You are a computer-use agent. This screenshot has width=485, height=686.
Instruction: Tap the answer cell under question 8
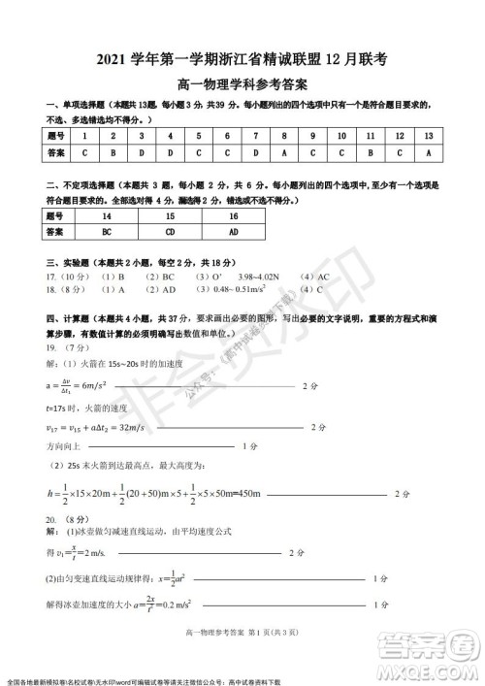[284, 152]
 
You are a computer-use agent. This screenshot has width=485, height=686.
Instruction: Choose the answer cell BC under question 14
[107, 232]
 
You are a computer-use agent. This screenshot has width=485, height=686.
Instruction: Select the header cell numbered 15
[170, 215]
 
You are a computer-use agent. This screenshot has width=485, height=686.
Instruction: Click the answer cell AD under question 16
[234, 232]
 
